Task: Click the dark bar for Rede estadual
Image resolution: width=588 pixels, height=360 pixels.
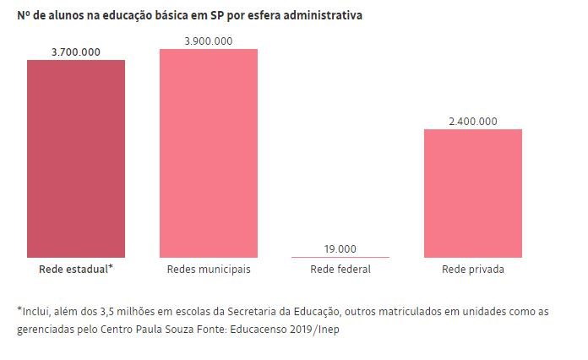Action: tap(75, 158)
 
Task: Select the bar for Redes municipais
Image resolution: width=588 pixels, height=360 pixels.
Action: tap(209, 153)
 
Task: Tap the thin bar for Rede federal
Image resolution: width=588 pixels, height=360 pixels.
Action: tap(340, 256)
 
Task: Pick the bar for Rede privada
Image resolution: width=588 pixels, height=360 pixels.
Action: tap(473, 193)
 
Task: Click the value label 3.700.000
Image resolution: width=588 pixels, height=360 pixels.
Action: tap(75, 52)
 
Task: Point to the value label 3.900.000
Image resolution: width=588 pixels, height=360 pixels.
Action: tap(209, 41)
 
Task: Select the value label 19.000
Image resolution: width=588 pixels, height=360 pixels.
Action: tap(340, 248)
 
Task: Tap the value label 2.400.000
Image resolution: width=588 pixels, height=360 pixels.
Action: tap(473, 121)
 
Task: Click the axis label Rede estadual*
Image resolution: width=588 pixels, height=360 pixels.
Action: tap(75, 270)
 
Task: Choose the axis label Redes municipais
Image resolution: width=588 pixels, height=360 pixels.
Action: tap(209, 270)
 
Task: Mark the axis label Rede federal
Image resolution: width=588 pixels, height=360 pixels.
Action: tap(340, 270)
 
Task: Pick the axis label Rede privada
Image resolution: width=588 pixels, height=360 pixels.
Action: tap(473, 270)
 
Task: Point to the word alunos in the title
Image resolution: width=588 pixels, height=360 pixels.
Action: tap(61, 16)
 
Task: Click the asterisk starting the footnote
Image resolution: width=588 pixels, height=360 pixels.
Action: tap(19, 309)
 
